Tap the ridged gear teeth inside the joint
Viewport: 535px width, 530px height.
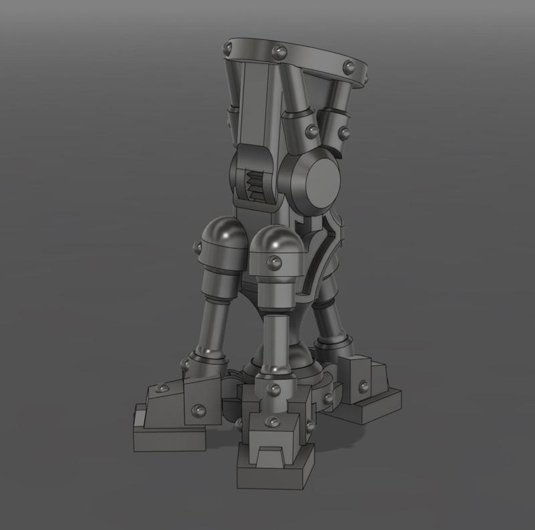pyautogui.click(x=255, y=181)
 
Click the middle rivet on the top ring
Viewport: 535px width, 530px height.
pyautogui.click(x=276, y=51)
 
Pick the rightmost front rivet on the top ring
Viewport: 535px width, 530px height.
pyautogui.click(x=348, y=65)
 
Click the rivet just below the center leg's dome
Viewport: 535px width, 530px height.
pyautogui.click(x=274, y=263)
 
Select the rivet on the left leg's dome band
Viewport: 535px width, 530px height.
pyautogui.click(x=198, y=248)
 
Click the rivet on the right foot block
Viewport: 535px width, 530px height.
pyautogui.click(x=363, y=386)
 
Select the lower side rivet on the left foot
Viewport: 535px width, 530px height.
pyautogui.click(x=197, y=410)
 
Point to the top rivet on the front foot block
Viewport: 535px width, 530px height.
pyautogui.click(x=273, y=388)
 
